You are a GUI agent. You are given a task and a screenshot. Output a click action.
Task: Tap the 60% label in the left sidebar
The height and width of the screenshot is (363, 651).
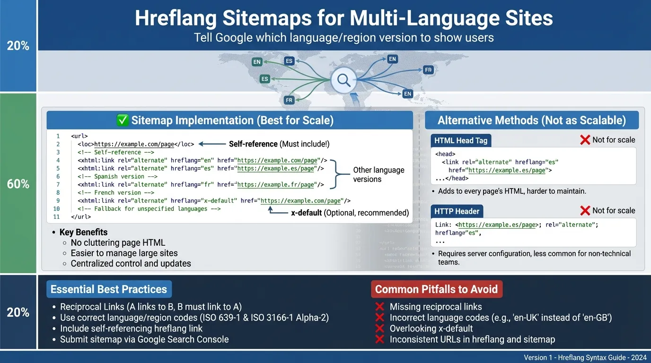coord(18,184)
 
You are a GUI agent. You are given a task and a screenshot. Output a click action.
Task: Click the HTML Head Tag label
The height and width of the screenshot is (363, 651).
coord(461,140)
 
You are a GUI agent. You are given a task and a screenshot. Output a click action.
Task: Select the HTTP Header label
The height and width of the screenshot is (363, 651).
coord(457,211)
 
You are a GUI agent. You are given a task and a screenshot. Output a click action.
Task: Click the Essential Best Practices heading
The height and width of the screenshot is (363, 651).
coord(109,289)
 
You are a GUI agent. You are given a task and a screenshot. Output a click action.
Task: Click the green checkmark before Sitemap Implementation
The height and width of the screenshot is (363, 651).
coord(122,121)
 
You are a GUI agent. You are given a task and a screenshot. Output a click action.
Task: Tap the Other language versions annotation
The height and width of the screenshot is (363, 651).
coord(378,174)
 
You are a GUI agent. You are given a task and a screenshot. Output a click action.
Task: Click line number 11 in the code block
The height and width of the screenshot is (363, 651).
coord(57,217)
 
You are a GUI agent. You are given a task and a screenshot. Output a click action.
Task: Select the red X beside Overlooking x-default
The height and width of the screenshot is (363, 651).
coord(379,328)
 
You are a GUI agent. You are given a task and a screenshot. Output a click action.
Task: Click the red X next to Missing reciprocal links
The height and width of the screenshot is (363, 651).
coord(379,307)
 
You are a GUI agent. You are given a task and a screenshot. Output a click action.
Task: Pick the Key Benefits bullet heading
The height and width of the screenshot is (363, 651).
coord(83,232)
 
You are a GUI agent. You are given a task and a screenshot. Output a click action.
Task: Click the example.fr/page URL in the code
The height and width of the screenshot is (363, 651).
coord(276,185)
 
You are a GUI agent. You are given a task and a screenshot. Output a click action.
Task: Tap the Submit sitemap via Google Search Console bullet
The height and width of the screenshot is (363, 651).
coord(144,339)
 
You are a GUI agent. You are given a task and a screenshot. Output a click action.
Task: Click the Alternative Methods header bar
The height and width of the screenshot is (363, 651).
coord(531,121)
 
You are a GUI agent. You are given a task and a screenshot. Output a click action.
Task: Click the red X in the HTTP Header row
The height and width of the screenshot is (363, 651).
coord(585,211)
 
